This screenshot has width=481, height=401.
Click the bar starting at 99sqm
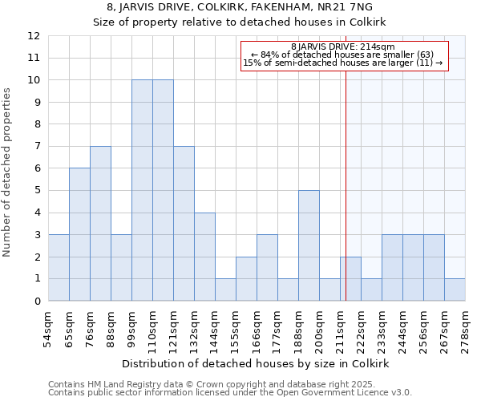pos(142,191)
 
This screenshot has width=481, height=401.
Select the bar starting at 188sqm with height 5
pos(309,245)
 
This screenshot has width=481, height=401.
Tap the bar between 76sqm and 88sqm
pos(100,224)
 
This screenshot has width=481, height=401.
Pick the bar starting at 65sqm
pos(79,234)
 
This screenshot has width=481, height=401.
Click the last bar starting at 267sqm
pos(455,290)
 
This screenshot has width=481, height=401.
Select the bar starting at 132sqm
pos(204,257)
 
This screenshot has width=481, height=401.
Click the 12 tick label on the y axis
pos(34,36)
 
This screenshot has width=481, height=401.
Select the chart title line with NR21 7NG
pos(240,6)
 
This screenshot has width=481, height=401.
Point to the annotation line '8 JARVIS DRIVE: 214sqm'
pos(342,47)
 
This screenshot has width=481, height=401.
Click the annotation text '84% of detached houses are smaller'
pos(342,55)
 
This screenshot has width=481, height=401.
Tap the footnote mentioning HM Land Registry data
pos(228,384)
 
